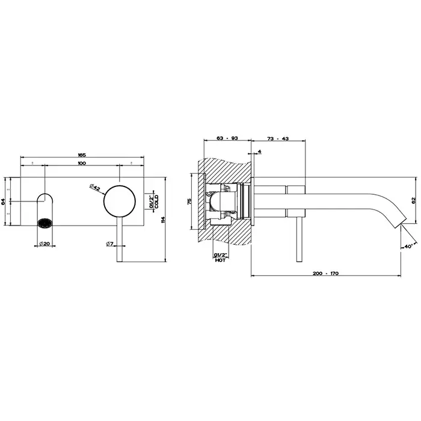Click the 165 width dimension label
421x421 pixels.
coord(82,155)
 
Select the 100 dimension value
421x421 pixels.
coord(82,163)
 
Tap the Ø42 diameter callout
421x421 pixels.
coord(95,187)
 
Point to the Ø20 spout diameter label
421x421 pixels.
coord(45,244)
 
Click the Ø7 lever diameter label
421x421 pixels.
coord(110,244)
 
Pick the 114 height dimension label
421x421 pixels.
coord(163,220)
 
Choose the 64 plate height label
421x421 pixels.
coord(3,201)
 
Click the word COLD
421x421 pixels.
coord(156,201)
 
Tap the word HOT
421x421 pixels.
coord(220,260)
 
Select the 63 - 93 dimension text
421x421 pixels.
coord(227,138)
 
